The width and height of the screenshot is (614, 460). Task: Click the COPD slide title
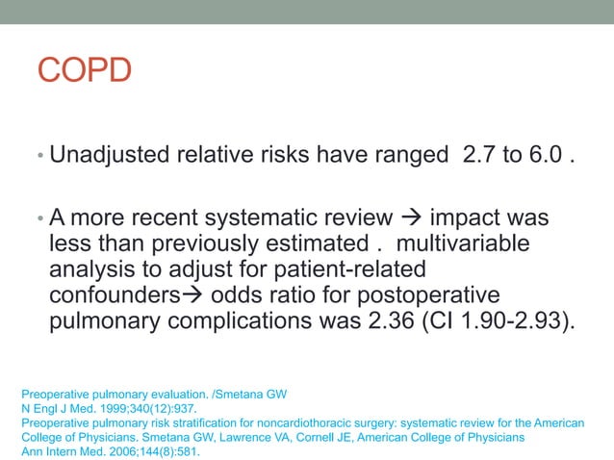tap(84, 70)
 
